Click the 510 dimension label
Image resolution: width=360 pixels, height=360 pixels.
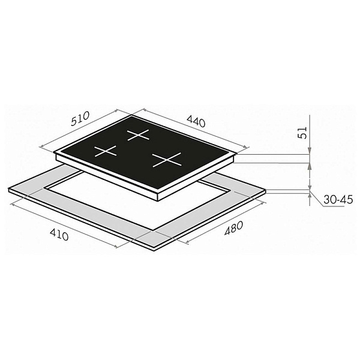[x=80, y=118]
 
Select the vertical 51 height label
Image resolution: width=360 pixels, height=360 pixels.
[x=304, y=133]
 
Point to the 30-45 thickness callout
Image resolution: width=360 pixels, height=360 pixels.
[x=338, y=200]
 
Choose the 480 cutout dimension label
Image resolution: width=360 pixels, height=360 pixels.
[x=233, y=228]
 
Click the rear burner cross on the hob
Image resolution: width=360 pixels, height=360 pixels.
[x=139, y=135]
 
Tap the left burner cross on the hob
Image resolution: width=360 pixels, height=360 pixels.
[x=106, y=151]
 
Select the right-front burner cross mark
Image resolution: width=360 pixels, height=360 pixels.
[x=167, y=160]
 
